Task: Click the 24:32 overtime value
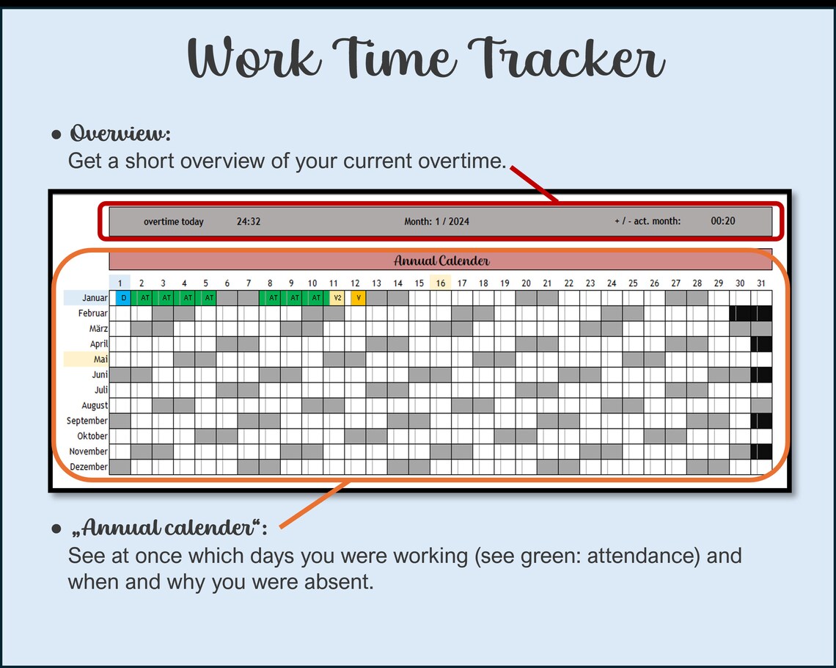[249, 222]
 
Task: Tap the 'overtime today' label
[174, 222]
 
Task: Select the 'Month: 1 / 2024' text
[437, 222]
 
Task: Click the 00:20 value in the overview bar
[723, 221]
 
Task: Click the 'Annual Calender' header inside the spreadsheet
[441, 261]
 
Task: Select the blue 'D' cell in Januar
[123, 298]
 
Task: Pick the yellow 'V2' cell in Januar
[337, 298]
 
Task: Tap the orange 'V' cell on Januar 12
[358, 298]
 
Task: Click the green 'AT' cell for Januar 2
[144, 298]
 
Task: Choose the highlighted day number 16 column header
[440, 283]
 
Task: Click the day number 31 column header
[761, 283]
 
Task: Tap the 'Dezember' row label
[89, 467]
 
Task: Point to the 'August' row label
[95, 405]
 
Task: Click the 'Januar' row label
[95, 298]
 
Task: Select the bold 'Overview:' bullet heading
[120, 134]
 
